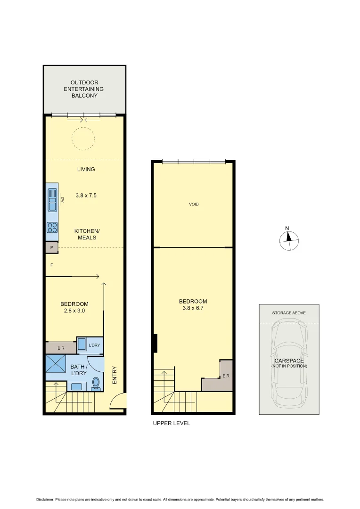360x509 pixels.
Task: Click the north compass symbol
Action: coord(288,240)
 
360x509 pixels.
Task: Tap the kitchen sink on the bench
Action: coord(52,200)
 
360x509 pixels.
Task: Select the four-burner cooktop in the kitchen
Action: coord(52,228)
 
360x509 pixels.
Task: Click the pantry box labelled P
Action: coord(51,247)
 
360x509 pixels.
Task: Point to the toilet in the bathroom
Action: coord(96,384)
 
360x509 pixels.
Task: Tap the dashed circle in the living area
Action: coord(83,139)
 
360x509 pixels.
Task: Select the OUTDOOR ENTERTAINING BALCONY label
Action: coord(84,89)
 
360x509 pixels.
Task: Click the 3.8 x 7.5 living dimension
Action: coord(86,195)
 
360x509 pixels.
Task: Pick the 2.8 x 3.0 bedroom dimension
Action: coord(74,311)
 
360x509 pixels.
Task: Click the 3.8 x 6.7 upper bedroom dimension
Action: coord(193,308)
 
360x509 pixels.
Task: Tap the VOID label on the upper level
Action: coord(194,204)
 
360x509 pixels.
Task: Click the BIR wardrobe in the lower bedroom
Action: coord(61,348)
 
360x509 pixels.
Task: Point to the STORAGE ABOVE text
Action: coord(289,313)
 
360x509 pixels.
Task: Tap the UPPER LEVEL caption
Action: coord(172,423)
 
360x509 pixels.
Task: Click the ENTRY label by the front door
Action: coord(114,375)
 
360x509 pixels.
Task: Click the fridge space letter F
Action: coord(51,265)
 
